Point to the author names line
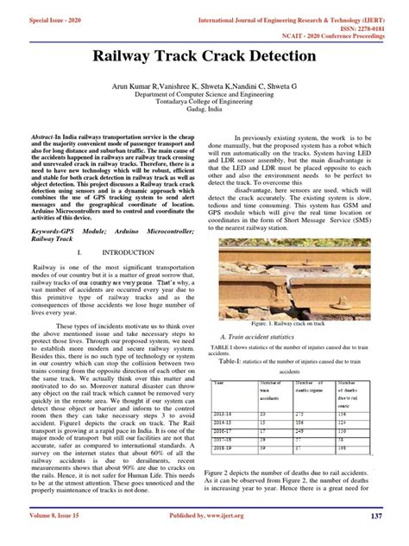204,87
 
